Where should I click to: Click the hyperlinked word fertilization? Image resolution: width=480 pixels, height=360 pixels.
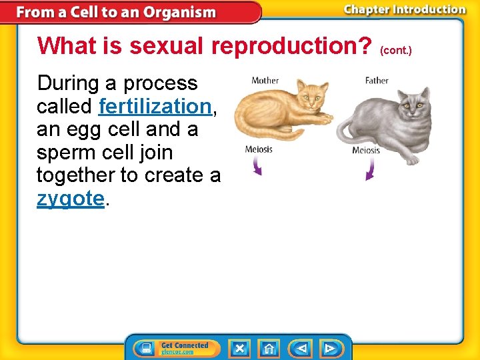click(x=155, y=107)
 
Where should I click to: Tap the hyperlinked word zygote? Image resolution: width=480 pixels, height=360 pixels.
click(x=71, y=199)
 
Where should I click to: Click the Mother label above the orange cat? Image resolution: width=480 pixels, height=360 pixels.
click(x=265, y=81)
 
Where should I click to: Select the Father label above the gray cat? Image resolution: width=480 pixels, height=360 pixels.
click(x=377, y=81)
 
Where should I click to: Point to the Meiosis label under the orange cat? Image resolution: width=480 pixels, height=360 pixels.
click(x=259, y=149)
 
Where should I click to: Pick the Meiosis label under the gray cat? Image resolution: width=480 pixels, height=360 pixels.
click(x=366, y=150)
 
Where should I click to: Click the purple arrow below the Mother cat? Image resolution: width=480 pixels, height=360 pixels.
click(x=257, y=167)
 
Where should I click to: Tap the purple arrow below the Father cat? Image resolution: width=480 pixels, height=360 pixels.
click(x=370, y=170)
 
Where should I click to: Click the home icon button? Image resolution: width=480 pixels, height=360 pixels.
click(x=268, y=348)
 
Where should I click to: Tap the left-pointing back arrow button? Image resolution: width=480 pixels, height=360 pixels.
click(x=300, y=348)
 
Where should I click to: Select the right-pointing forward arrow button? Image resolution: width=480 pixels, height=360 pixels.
click(x=330, y=348)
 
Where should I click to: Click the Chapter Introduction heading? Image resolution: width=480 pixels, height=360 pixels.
click(x=405, y=10)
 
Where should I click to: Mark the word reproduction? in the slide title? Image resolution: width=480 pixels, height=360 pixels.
click(x=291, y=46)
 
